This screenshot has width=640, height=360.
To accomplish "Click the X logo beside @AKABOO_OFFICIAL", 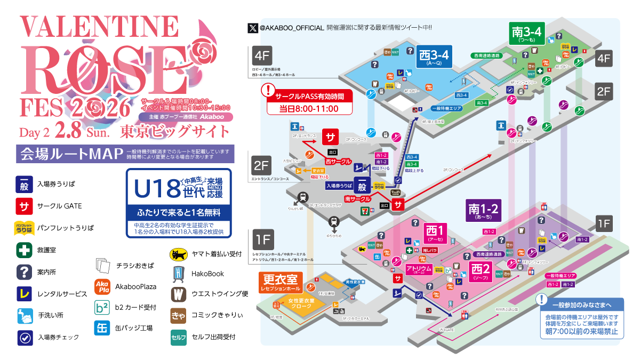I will (x=253, y=27).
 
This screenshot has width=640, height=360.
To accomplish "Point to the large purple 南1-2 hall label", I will (x=483, y=210).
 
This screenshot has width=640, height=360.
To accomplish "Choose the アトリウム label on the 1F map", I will (x=419, y=269).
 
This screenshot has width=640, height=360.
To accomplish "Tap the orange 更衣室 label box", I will (x=281, y=281).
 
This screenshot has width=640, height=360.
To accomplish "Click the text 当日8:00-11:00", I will (x=309, y=108).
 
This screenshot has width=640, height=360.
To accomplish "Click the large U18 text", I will (x=156, y=189).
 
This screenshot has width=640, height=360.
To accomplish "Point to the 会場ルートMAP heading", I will (x=68, y=154).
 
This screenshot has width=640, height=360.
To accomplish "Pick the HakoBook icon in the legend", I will (x=178, y=274).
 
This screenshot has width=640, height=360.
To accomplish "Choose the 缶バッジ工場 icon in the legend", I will (x=102, y=328).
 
